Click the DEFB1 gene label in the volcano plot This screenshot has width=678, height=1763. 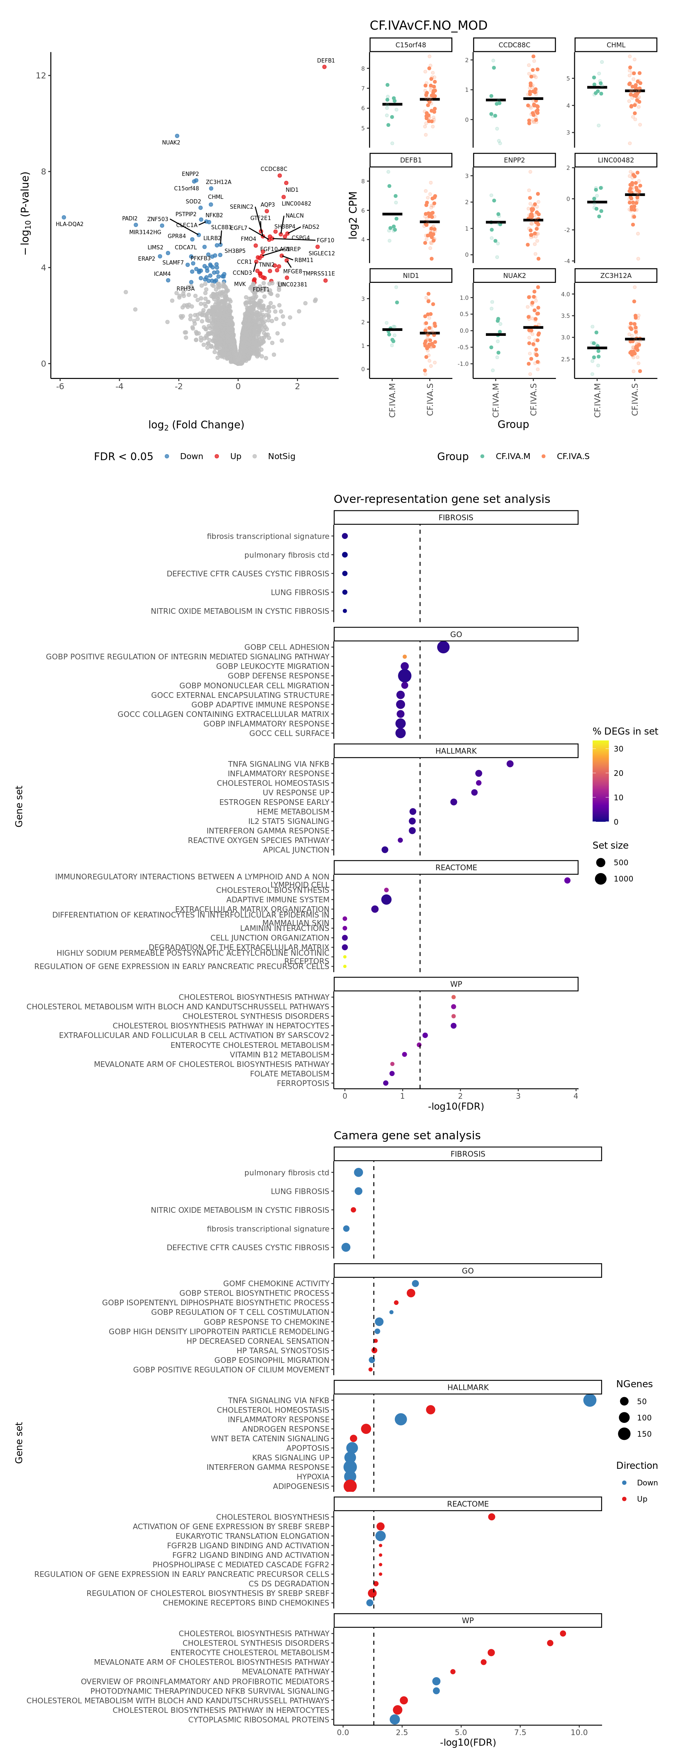(x=326, y=61)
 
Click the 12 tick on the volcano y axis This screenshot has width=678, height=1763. (x=41, y=75)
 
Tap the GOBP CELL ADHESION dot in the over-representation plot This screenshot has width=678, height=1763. (x=443, y=647)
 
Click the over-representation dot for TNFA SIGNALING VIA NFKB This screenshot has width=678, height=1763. (x=510, y=764)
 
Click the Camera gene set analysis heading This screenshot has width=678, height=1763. (x=407, y=1135)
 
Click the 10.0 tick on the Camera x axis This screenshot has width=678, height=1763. (x=579, y=1732)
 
